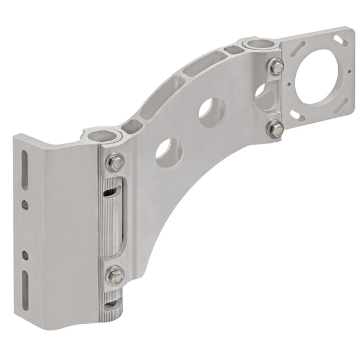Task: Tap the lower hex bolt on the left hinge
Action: click(114, 275)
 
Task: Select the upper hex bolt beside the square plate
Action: click(275, 66)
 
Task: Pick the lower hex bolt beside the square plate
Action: click(275, 129)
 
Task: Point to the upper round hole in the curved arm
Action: click(212, 112)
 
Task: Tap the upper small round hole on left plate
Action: click(25, 205)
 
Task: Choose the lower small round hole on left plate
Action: click(25, 255)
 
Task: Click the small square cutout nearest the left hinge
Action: click(132, 127)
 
